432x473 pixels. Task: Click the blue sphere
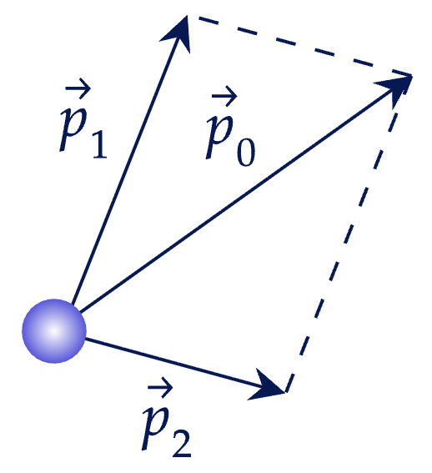54,331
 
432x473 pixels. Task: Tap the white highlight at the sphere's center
53,330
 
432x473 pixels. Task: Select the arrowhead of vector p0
395,88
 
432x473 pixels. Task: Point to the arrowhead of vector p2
268,385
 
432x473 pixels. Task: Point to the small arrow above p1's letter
78,88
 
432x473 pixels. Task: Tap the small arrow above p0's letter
224,96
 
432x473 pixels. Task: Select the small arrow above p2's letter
160,387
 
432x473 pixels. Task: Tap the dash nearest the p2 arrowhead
289,383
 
